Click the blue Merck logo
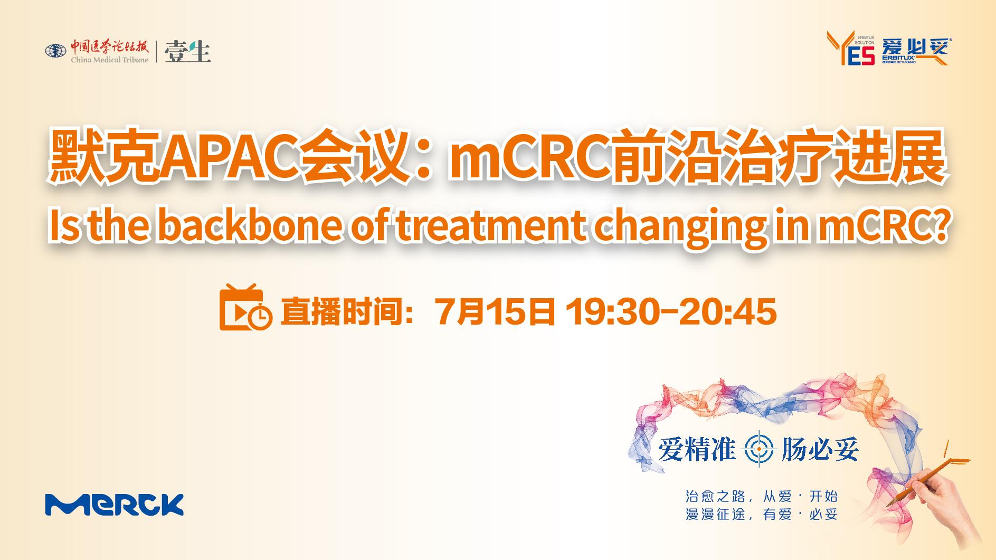114,505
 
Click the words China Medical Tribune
110,60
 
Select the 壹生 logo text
188,52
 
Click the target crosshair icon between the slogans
759,449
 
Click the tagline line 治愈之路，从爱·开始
761,496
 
